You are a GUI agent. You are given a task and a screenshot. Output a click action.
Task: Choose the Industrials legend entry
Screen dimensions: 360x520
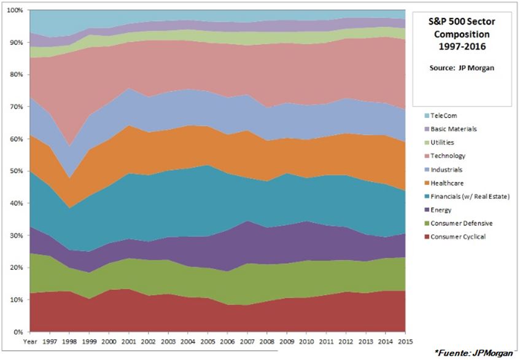click(x=446, y=170)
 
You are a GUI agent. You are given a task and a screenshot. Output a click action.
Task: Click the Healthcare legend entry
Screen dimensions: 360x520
click(x=446, y=183)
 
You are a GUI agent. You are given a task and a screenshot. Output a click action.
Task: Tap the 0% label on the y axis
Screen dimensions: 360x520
click(x=18, y=332)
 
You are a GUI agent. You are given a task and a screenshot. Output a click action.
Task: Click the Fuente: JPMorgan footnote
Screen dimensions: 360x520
click(x=474, y=353)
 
